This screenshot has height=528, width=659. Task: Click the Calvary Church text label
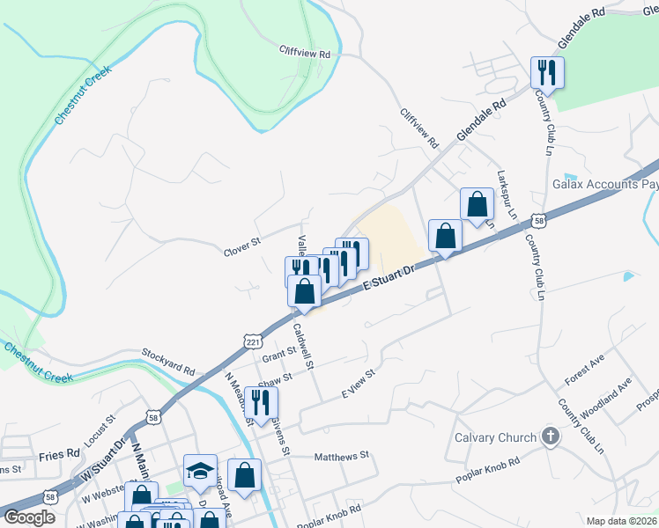494,437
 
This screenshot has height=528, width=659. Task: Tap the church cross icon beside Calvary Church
550,436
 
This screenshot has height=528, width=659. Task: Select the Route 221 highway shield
253,341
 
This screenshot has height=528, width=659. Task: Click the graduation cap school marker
200,472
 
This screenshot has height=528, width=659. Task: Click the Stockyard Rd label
167,362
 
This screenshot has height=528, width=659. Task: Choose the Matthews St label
341,457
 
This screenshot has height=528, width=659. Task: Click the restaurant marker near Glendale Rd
547,72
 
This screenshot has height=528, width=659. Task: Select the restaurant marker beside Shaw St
260,402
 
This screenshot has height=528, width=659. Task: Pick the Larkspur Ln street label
507,194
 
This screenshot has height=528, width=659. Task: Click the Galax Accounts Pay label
605,185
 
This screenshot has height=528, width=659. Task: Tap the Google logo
29,517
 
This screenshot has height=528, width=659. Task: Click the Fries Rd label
59,454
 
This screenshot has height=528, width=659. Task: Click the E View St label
359,385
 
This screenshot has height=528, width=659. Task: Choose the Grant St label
278,351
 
